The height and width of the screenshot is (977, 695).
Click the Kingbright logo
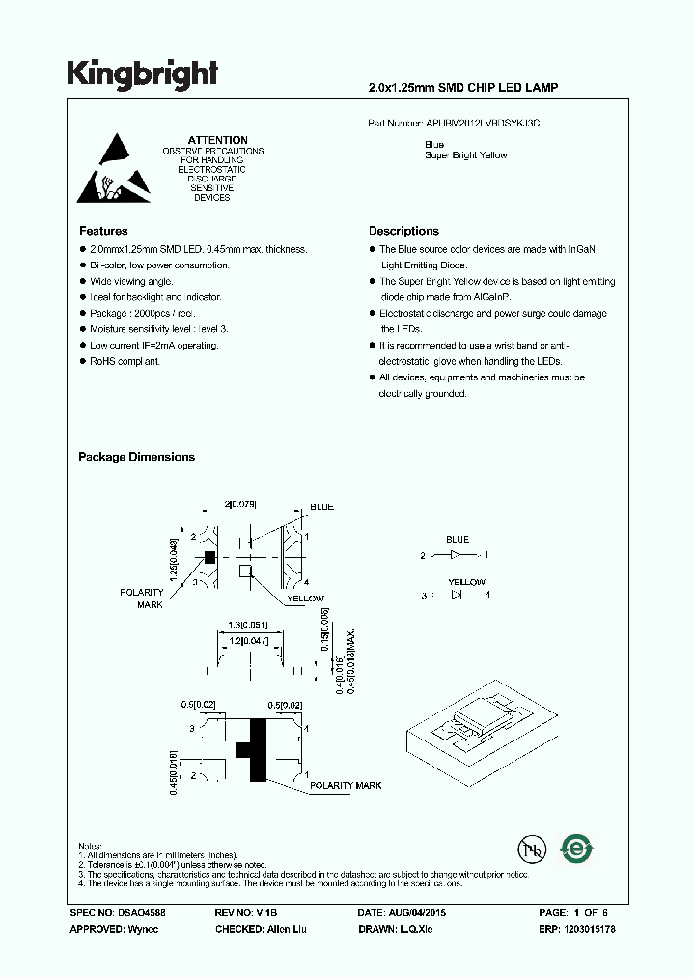pyautogui.click(x=142, y=73)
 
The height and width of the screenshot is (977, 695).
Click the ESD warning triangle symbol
pyautogui.click(x=114, y=168)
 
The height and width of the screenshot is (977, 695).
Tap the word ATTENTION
pyautogui.click(x=217, y=140)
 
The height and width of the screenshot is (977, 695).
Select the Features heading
pyautogui.click(x=103, y=232)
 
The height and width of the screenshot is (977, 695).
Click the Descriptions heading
pyautogui.click(x=403, y=232)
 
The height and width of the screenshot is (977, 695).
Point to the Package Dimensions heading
pyautogui.click(x=136, y=457)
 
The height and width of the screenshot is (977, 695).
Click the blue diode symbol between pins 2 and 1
pyautogui.click(x=456, y=555)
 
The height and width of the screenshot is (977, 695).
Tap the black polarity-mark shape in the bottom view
pyautogui.click(x=255, y=748)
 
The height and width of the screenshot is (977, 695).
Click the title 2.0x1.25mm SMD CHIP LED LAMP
pyautogui.click(x=463, y=88)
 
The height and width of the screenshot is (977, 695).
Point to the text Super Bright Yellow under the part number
pyautogui.click(x=465, y=155)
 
